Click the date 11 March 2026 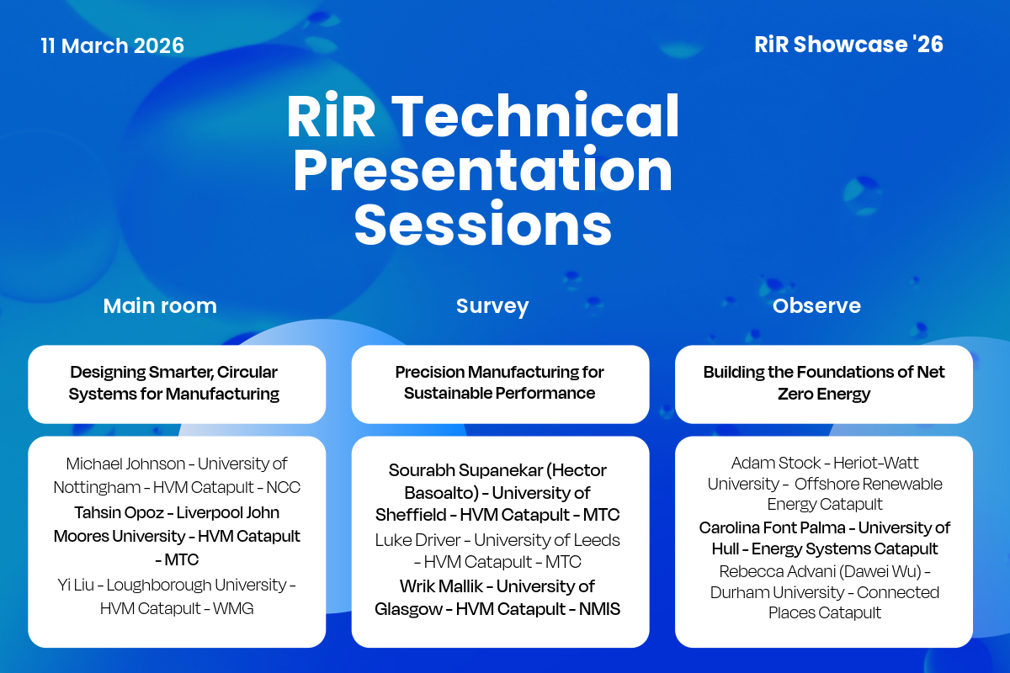[112, 45]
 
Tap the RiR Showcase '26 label [848, 45]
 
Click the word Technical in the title [535, 115]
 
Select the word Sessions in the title [483, 224]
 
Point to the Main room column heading [160, 305]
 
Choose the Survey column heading [492, 306]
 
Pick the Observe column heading [816, 305]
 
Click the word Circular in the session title [247, 373]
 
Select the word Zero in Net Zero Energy [795, 394]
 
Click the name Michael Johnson [125, 464]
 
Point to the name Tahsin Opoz [119, 513]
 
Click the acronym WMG [233, 608]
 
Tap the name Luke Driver [418, 540]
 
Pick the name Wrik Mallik [441, 586]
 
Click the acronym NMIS [599, 609]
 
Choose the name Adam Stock [776, 463]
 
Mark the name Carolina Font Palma [773, 527]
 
